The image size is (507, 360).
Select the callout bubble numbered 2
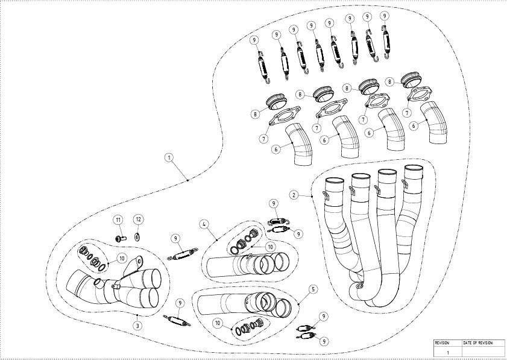[293, 195]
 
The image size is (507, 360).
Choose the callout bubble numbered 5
[312, 289]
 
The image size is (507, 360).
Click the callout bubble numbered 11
[119, 219]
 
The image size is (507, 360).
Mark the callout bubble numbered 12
[138, 219]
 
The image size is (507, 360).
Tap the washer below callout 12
[137, 236]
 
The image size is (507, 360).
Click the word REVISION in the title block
[442, 343]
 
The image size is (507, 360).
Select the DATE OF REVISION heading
[477, 343]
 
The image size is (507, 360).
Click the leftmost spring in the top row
[263, 65]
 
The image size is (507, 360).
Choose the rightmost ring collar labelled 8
[412, 80]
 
